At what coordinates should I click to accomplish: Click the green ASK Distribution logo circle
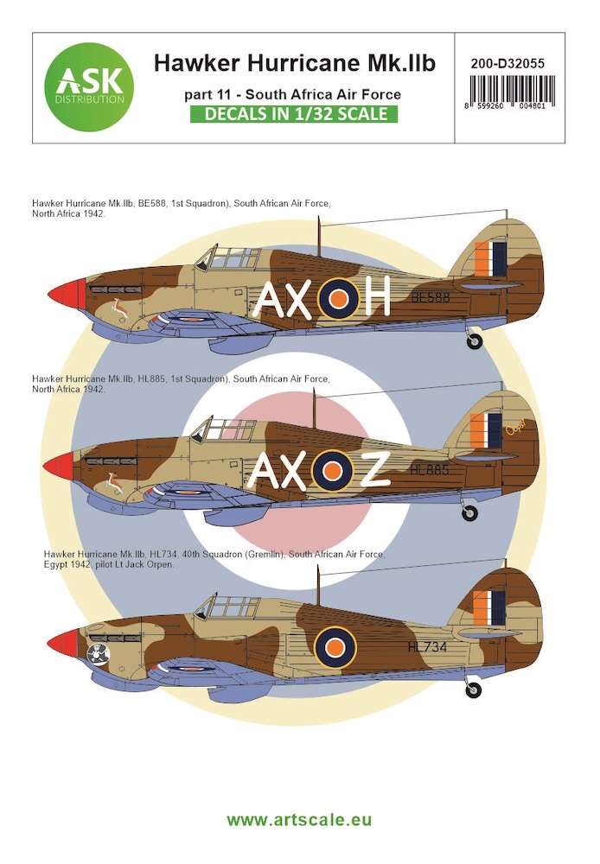[x=89, y=87]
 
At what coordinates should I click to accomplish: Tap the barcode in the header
[x=512, y=92]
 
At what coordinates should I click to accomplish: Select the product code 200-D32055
[x=507, y=63]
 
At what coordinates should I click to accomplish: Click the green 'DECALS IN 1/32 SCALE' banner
[x=293, y=113]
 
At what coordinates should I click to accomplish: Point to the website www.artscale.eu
[x=299, y=819]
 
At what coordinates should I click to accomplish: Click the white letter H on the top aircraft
[x=377, y=295]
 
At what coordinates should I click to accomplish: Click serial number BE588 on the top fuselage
[x=431, y=297]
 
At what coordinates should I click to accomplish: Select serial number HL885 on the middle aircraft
[x=430, y=470]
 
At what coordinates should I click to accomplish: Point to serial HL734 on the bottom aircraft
[x=427, y=647]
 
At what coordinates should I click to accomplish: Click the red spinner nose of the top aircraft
[x=67, y=294]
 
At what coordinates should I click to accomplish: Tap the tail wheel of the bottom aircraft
[x=473, y=689]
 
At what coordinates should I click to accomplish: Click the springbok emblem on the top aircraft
[x=120, y=308]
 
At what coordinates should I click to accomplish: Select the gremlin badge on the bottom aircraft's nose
[x=99, y=654]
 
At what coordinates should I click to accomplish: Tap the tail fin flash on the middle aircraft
[x=486, y=431]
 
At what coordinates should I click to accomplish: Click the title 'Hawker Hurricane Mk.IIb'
[x=295, y=63]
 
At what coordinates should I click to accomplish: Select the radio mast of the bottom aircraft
[x=317, y=585]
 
